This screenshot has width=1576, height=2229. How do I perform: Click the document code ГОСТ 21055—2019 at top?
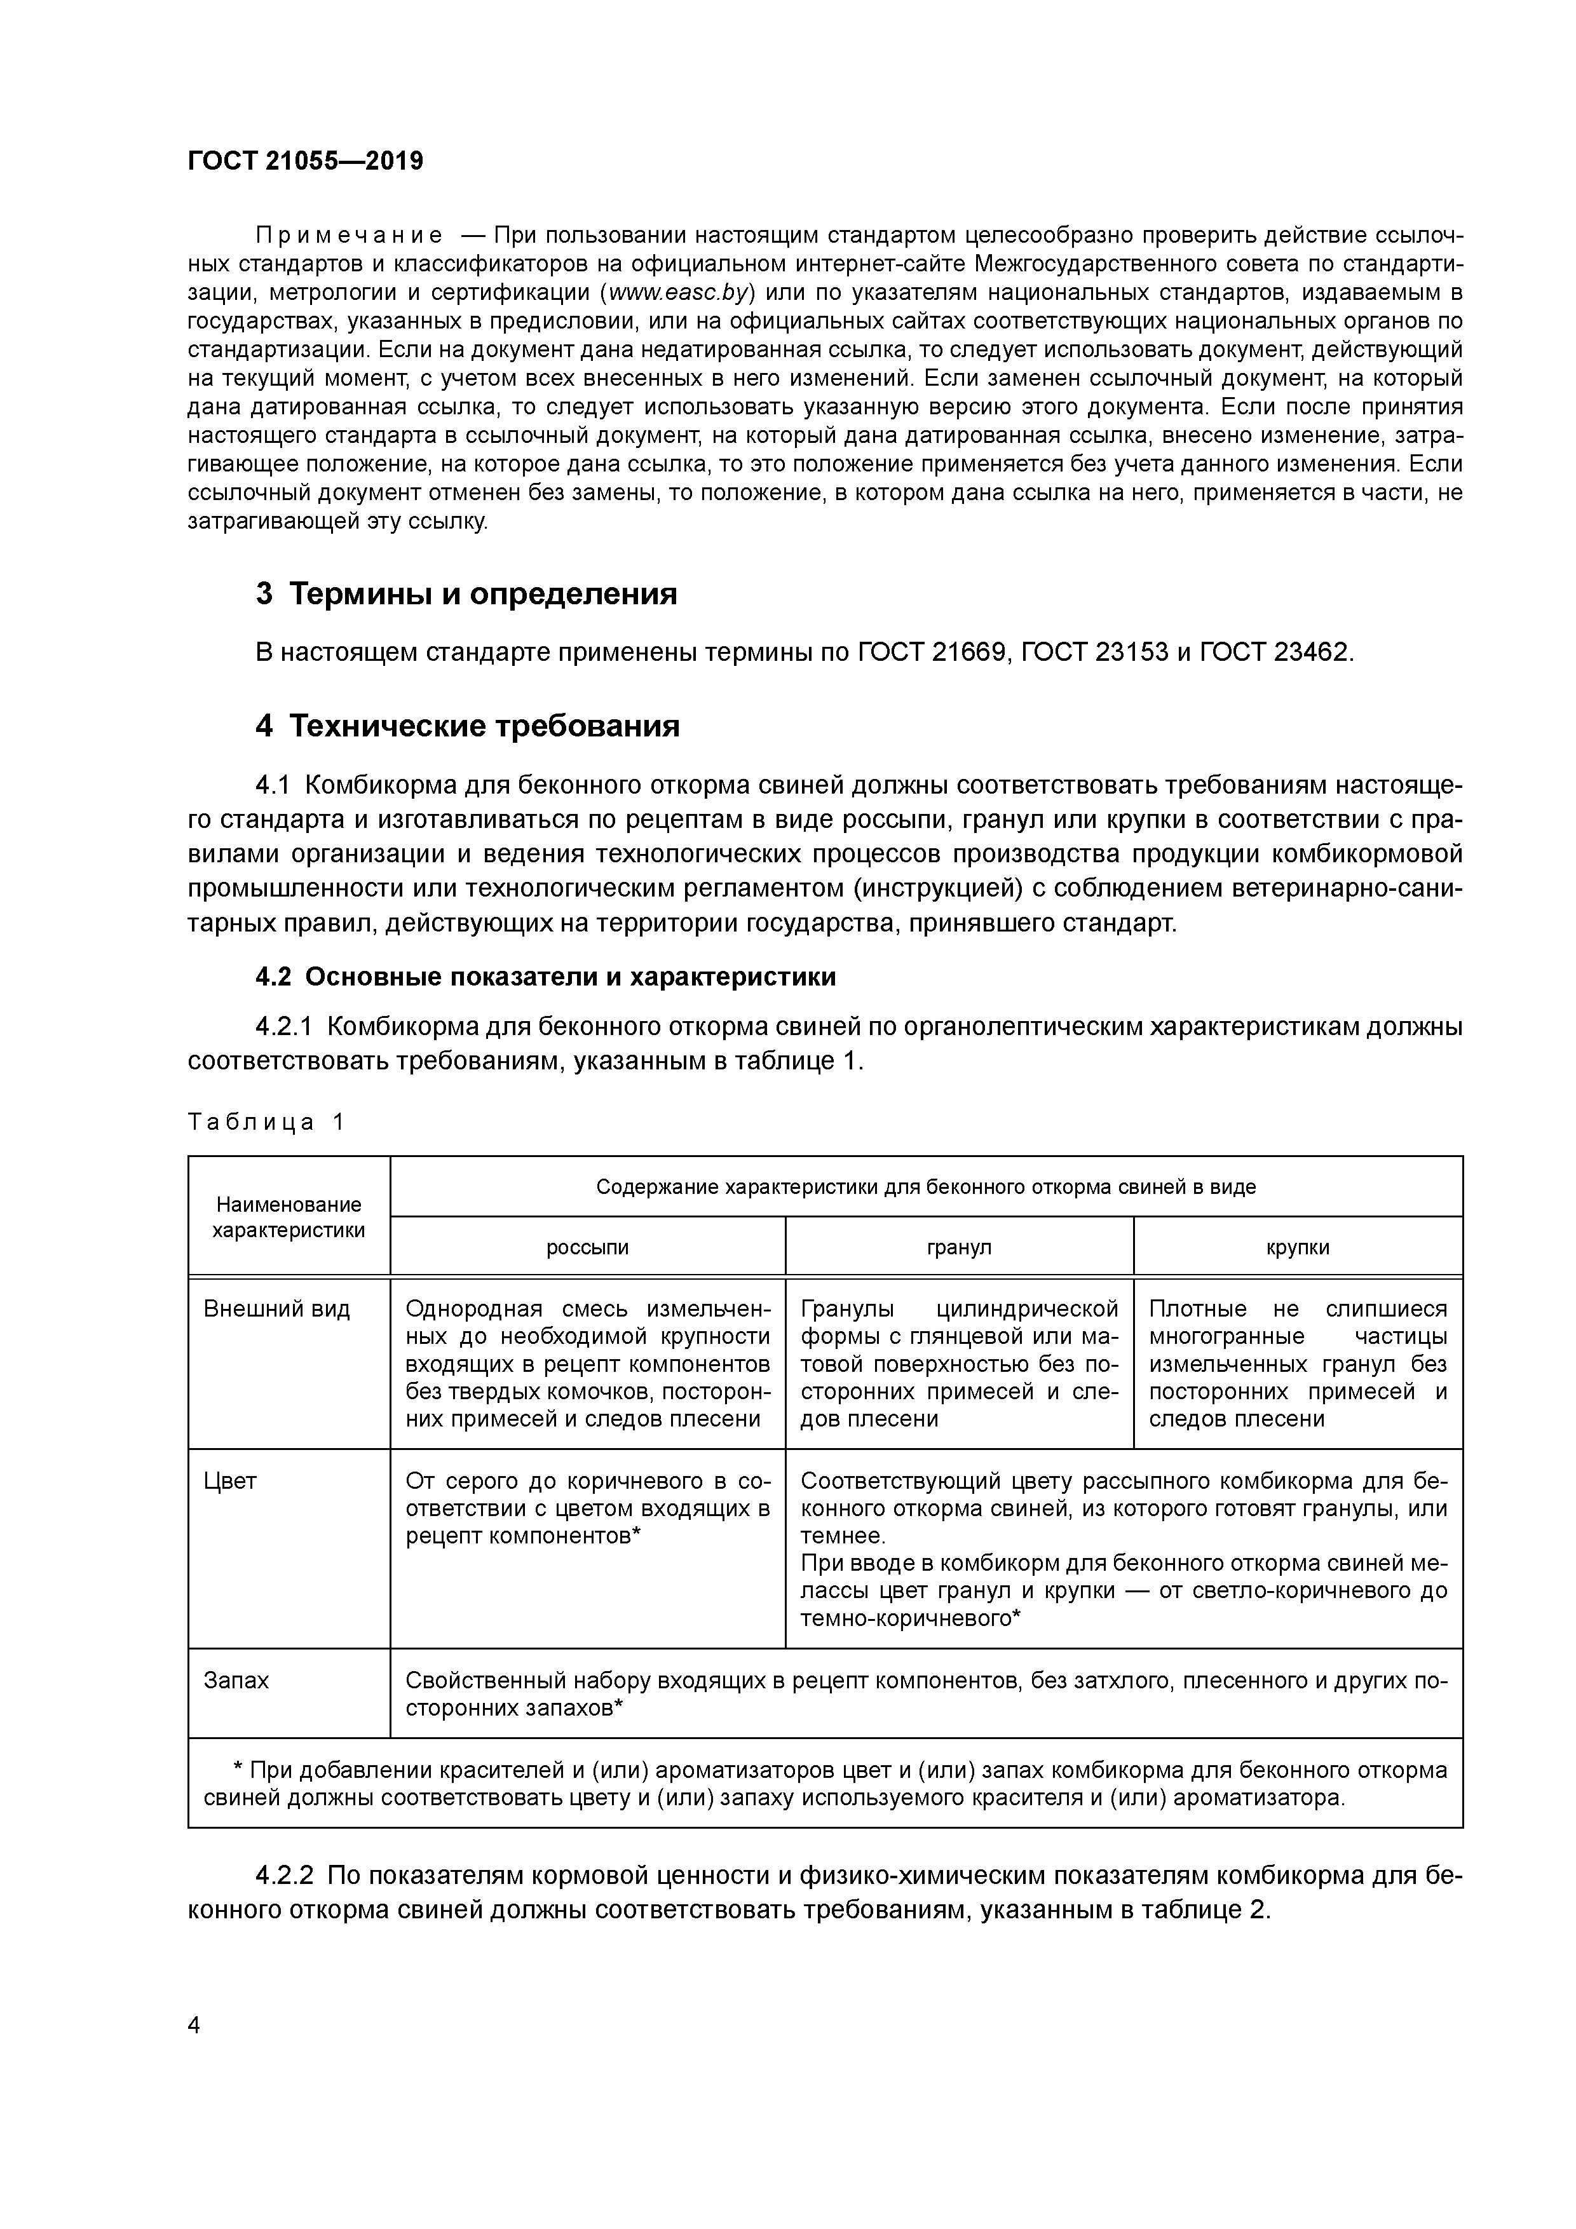pyautogui.click(x=305, y=161)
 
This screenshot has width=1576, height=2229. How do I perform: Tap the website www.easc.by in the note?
pyautogui.click(x=681, y=292)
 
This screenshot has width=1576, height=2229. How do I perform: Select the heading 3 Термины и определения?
pyautogui.click(x=466, y=593)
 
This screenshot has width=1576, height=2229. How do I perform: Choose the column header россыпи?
pyautogui.click(x=587, y=1247)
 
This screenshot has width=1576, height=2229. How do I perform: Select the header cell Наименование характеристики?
pyautogui.click(x=289, y=1217)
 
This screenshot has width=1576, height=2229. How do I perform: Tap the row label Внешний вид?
pyautogui.click(x=276, y=1310)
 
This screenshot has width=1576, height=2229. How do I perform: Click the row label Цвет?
pyautogui.click(x=230, y=1482)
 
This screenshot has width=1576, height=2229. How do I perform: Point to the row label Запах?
pyautogui.click(x=236, y=1681)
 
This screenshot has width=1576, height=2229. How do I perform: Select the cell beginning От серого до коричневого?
pyautogui.click(x=587, y=1508)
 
